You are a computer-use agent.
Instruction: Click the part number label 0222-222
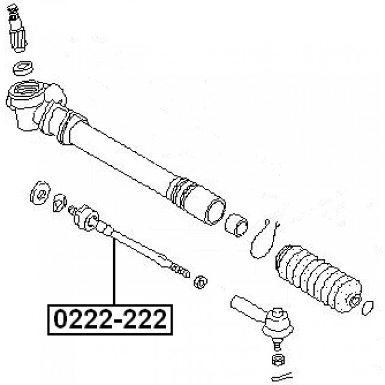[110, 319]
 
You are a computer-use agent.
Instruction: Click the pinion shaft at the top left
[17, 28]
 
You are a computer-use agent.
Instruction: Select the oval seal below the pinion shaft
[23, 68]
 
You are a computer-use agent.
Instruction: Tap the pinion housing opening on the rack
[25, 89]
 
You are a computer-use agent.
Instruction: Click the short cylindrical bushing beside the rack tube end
[236, 224]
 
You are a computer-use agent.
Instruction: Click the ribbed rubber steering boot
[318, 279]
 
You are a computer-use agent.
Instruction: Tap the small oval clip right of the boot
[368, 308]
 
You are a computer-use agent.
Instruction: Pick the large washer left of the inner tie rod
[40, 193]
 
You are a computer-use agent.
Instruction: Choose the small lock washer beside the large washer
[60, 203]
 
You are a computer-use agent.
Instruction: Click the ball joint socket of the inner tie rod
[86, 218]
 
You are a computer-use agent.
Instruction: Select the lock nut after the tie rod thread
[200, 282]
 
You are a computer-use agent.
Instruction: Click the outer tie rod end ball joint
[278, 322]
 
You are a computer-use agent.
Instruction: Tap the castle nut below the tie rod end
[278, 360]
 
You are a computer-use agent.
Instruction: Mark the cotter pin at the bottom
[282, 377]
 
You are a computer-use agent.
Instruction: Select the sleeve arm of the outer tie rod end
[248, 308]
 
